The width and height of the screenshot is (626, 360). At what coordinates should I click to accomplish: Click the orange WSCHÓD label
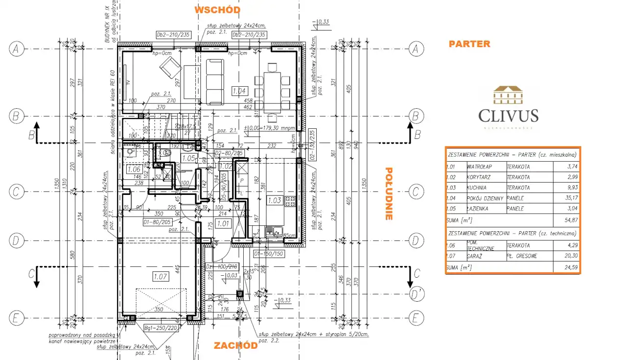pyautogui.click(x=217, y=10)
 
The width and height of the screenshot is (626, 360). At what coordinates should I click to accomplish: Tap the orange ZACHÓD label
pyautogui.click(x=235, y=345)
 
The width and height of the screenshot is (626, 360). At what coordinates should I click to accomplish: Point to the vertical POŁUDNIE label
pyautogui.click(x=389, y=194)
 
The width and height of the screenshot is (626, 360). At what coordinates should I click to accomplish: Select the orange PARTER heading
pyautogui.click(x=469, y=44)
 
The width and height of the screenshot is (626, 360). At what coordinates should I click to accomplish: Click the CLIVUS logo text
pyautogui.click(x=508, y=116)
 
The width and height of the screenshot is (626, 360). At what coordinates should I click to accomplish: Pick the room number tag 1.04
pyautogui.click(x=239, y=90)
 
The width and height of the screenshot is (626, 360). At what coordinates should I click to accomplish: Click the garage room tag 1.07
pyautogui.click(x=160, y=277)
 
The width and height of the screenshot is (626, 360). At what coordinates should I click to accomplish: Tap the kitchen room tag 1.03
pyautogui.click(x=274, y=200)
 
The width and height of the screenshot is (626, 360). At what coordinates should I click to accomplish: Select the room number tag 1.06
pyautogui.click(x=134, y=169)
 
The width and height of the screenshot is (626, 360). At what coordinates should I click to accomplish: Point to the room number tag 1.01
pyautogui.click(x=223, y=224)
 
